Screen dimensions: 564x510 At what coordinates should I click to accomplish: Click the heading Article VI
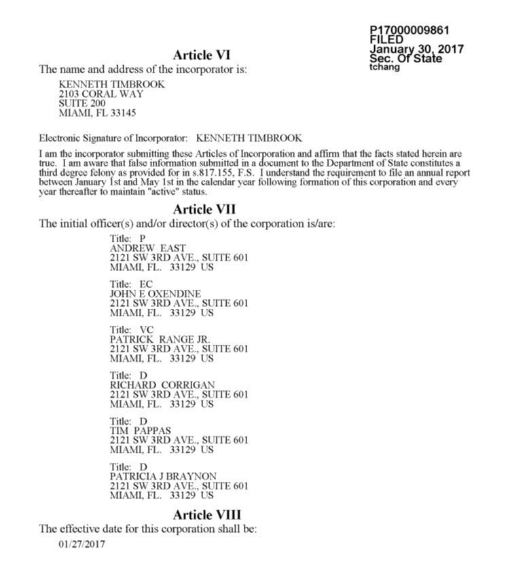point(202,54)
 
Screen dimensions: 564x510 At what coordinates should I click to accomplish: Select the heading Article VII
point(204,208)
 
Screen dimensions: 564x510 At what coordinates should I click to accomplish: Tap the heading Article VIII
point(206,514)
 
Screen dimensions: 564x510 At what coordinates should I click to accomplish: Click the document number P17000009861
point(409,31)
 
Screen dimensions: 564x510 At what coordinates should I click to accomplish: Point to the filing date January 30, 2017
point(416,49)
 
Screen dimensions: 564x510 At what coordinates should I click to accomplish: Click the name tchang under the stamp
point(384,67)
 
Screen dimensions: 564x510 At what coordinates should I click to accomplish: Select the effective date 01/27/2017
point(81,544)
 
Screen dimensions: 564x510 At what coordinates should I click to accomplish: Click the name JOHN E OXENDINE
point(155,294)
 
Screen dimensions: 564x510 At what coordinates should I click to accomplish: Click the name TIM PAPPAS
point(140,430)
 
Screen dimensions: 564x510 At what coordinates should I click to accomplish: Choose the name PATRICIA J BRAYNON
point(163,476)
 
